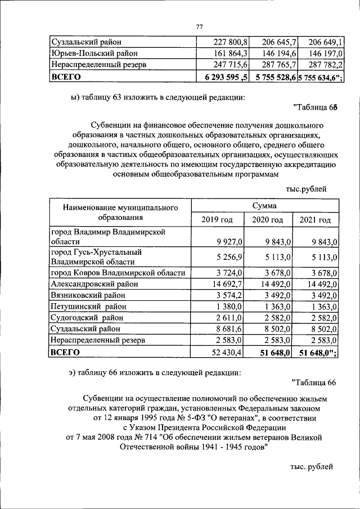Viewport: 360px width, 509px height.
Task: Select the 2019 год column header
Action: tap(217, 220)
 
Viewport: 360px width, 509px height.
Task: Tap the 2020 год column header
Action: tap(267, 220)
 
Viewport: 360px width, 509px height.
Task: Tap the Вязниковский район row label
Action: tap(88, 295)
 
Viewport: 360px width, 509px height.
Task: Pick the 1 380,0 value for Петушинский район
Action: tap(229, 307)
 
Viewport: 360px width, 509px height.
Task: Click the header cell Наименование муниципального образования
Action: tap(120, 213)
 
